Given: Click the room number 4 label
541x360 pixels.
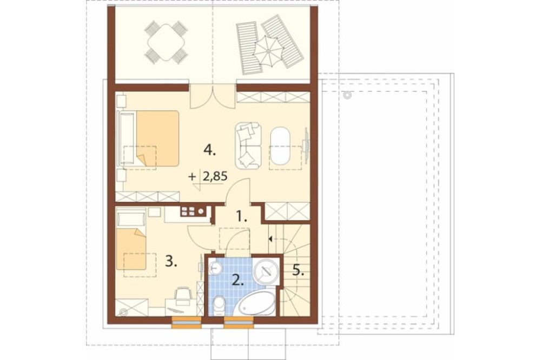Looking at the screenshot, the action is tap(209, 150).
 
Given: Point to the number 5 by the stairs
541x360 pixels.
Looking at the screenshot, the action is tap(298, 270).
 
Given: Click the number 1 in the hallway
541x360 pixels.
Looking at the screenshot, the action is tap(241, 217).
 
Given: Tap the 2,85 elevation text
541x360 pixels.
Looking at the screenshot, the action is tap(215, 177).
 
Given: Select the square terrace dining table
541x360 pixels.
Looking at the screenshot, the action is tap(166, 42).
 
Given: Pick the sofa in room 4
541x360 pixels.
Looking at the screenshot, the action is tap(248, 145).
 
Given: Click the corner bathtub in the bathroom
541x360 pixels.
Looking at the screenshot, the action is tap(256, 303).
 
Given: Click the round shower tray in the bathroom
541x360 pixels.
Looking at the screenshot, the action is tap(266, 271).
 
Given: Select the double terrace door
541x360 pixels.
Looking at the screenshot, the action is tap(213, 96).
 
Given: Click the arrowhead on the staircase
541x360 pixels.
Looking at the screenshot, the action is tap(270, 238).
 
